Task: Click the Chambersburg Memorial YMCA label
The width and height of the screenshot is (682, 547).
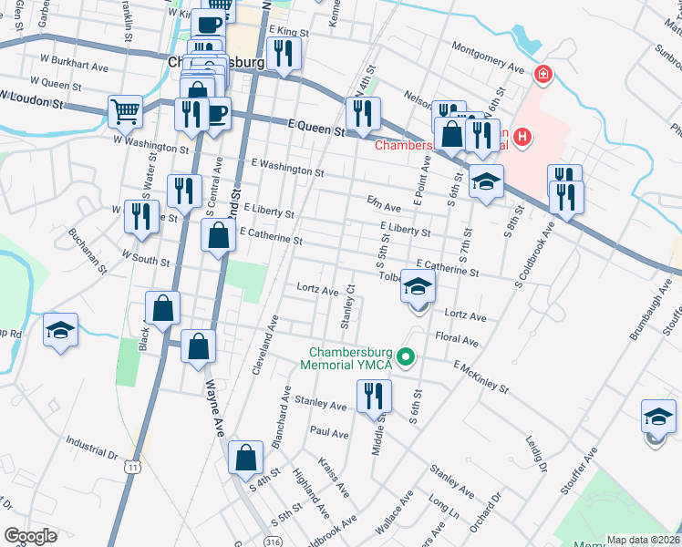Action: click(350, 358)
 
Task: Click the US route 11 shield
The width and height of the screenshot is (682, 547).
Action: click(134, 467)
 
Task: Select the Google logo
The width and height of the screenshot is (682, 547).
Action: click(30, 536)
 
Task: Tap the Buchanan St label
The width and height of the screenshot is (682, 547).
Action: click(88, 252)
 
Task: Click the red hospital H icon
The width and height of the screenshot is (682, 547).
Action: click(522, 138)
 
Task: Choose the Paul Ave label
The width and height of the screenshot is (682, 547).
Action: click(329, 432)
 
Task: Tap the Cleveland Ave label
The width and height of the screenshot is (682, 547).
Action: click(266, 346)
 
